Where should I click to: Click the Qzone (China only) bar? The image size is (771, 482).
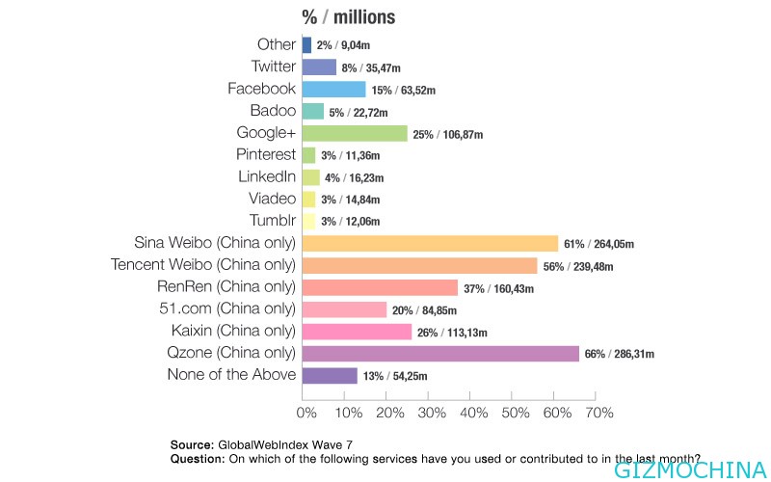[x=440, y=354]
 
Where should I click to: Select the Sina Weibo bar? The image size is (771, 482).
[x=430, y=243]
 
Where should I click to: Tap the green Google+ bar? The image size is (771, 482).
[x=355, y=133]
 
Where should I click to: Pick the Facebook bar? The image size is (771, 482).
[x=334, y=89]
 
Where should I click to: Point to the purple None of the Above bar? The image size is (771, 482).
[x=330, y=376]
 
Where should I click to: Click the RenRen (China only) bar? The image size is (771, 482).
[x=380, y=287]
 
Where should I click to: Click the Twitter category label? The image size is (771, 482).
[x=273, y=67]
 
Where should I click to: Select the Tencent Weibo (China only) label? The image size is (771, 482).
[x=217, y=265]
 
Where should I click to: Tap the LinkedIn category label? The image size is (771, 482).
[x=267, y=176]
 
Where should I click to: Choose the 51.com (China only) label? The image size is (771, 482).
[x=231, y=309]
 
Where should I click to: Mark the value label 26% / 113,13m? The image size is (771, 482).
[x=454, y=333]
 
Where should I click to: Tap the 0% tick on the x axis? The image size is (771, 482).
[x=306, y=414]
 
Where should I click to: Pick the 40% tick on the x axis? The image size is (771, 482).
[x=472, y=414]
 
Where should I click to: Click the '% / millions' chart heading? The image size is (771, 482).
[x=348, y=16]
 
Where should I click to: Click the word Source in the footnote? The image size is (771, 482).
[x=191, y=444]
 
